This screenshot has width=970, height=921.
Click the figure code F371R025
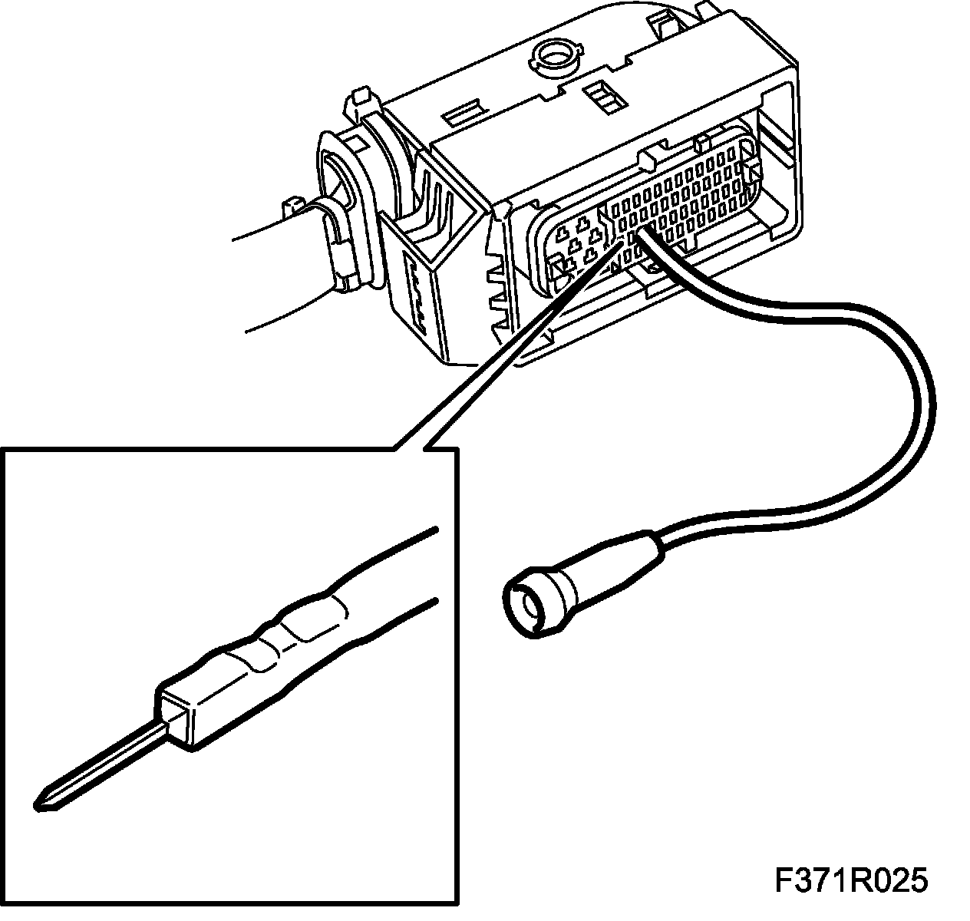point(850,880)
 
